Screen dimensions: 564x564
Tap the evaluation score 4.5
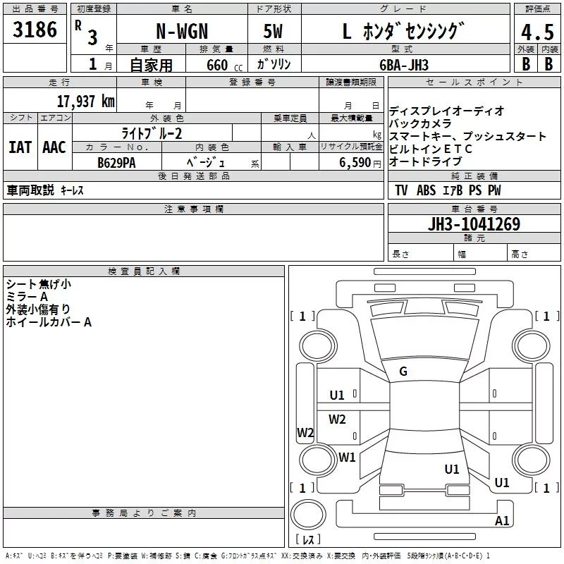pos(537,32)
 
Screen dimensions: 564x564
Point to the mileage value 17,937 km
pos(85,102)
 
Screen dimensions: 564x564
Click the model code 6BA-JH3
pos(403,64)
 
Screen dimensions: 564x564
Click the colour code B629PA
pos(116,162)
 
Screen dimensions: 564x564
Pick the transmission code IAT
pos(20,147)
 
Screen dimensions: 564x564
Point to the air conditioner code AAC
pos(54,147)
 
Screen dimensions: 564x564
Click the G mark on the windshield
pos(403,372)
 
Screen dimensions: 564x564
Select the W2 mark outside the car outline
pos(305,433)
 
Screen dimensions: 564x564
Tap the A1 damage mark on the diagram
pos(502,521)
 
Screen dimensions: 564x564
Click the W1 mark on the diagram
pos(347,457)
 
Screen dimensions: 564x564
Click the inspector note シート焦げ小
pos(38,284)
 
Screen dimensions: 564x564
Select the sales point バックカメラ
pos(420,123)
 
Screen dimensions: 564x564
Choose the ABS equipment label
pos(427,190)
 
